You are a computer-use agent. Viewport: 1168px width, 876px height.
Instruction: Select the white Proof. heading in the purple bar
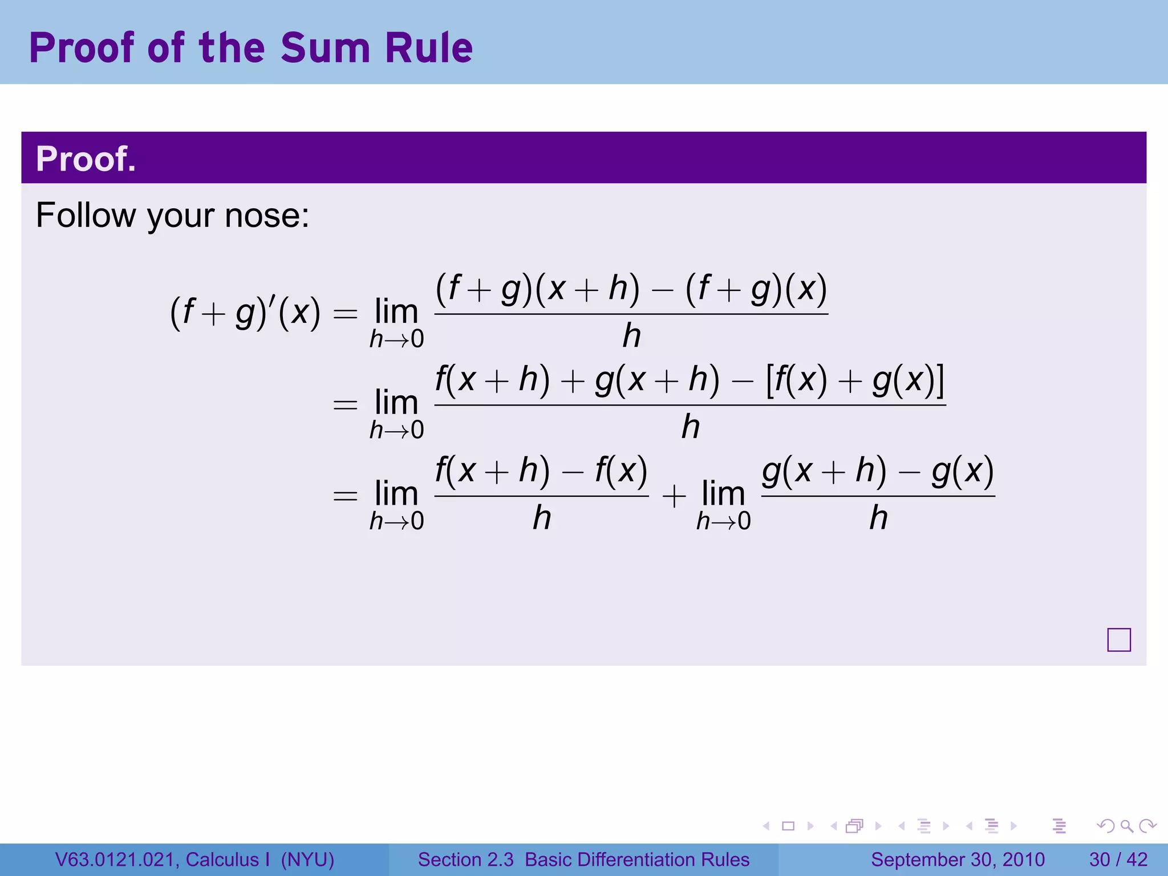tap(86, 159)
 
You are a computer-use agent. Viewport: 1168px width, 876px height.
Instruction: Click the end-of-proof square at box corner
tap(1118, 640)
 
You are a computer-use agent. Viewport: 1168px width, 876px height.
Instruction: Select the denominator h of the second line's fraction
tap(690, 427)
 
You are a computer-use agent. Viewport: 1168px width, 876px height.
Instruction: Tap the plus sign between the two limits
tap(674, 495)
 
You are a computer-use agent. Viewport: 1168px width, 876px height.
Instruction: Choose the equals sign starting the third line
tap(345, 495)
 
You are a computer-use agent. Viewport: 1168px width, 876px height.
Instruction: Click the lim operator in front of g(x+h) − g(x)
tap(723, 494)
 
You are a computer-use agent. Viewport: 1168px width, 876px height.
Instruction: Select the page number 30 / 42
tap(1118, 859)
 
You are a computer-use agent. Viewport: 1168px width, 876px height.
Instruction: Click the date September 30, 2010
tap(958, 859)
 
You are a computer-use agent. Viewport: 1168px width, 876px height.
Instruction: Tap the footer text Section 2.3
tap(465, 859)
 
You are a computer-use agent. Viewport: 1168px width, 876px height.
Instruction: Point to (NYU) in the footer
tap(307, 859)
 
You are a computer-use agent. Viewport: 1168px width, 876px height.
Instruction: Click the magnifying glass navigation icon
tap(1126, 826)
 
